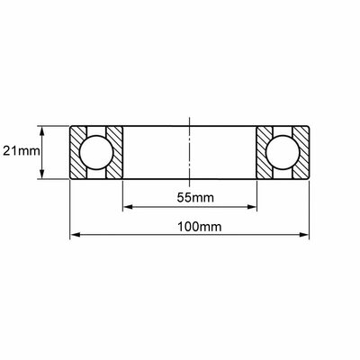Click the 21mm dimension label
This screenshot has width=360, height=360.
(22, 151)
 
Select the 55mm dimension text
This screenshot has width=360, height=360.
(195, 198)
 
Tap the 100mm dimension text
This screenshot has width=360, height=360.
(200, 227)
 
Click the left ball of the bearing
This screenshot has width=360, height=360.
(96, 152)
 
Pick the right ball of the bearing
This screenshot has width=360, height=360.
(283, 152)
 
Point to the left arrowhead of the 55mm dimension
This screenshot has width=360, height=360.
(128, 207)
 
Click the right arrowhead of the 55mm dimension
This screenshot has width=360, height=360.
(252, 207)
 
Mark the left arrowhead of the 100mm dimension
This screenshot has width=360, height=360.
(76, 235)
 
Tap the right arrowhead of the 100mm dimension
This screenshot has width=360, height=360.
(303, 235)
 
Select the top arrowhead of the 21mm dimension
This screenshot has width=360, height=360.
(42, 131)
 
